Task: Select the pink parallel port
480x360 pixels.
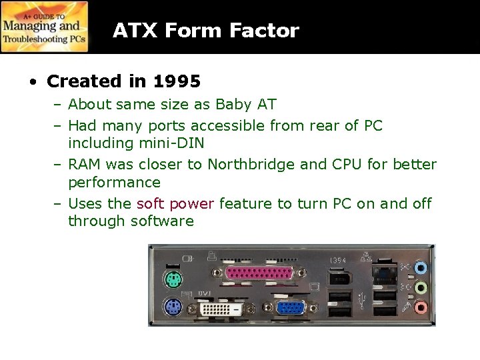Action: (x=253, y=273)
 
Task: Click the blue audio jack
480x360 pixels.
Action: (x=419, y=268)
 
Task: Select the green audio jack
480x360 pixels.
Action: (x=419, y=289)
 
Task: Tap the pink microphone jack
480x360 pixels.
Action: (x=419, y=307)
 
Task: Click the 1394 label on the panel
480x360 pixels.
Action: (x=337, y=259)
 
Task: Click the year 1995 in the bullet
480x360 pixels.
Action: (x=177, y=82)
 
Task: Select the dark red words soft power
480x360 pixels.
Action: (x=175, y=203)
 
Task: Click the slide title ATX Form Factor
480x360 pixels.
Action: (x=205, y=31)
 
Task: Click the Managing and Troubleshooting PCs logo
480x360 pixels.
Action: (x=45, y=27)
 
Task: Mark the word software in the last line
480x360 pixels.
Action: (x=162, y=221)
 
